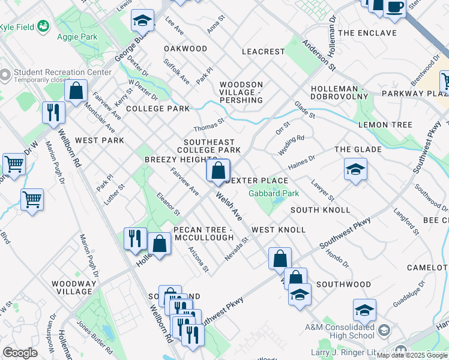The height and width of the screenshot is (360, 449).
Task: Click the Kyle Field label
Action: click(x=16, y=28)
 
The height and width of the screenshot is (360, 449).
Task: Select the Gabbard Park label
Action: click(x=274, y=193)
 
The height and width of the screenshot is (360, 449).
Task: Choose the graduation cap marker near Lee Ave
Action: click(x=142, y=22)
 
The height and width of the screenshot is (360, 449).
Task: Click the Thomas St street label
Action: click(x=208, y=125)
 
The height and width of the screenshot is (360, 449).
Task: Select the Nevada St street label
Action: click(x=237, y=248)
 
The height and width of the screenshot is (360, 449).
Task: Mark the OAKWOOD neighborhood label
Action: click(x=185, y=49)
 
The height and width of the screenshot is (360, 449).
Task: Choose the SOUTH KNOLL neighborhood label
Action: click(x=320, y=210)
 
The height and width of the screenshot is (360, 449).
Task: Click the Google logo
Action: click(x=20, y=353)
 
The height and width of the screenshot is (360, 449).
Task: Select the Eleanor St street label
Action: click(x=168, y=204)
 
